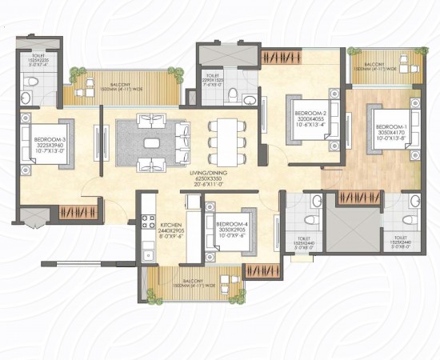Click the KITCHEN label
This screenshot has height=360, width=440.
pyautogui.click(x=172, y=226)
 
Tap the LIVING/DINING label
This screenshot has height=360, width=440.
pyautogui.click(x=208, y=173)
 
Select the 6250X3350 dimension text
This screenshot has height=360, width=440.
pyautogui.click(x=208, y=179)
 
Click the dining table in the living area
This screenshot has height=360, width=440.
pyautogui.click(x=227, y=142)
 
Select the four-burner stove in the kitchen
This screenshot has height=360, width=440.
pyautogui.click(x=147, y=221)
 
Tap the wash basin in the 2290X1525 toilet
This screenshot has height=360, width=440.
pyautogui.click(x=249, y=99)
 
